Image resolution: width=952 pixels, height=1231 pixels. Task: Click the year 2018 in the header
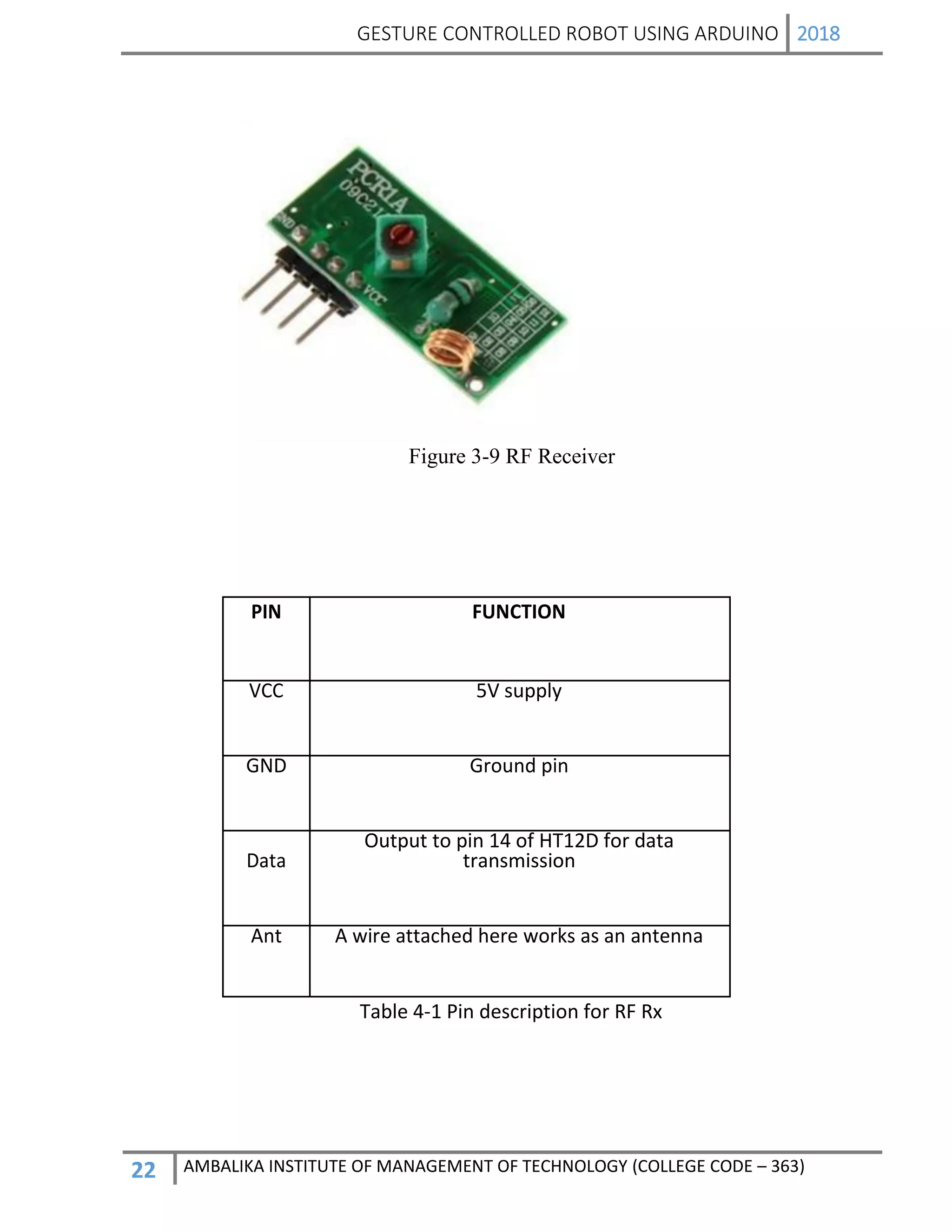[x=818, y=34]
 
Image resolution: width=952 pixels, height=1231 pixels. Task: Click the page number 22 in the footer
[x=143, y=1170]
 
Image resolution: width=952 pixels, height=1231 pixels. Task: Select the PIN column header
[x=265, y=612]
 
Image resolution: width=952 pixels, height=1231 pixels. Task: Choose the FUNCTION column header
[x=518, y=612]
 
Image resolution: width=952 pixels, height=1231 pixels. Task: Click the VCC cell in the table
[x=265, y=691]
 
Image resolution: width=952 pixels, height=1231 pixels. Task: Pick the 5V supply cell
[x=518, y=691]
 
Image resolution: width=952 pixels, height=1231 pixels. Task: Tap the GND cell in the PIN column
[x=265, y=766]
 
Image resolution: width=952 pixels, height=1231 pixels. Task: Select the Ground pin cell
[x=518, y=766]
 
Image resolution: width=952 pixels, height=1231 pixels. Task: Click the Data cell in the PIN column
[x=265, y=861]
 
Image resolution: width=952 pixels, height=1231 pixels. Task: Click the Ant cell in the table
[x=265, y=936]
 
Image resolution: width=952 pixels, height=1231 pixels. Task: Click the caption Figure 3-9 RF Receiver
[x=511, y=456]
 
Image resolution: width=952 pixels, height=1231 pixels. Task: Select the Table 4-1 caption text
[x=510, y=1012]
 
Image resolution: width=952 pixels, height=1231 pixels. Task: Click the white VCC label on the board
[x=373, y=295]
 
